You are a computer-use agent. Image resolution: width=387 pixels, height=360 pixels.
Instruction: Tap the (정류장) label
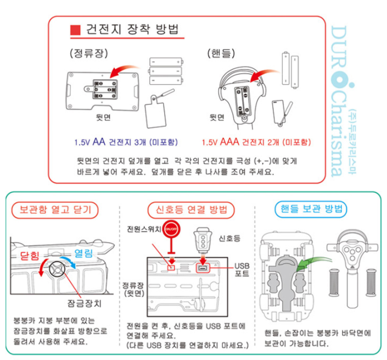(x=89, y=53)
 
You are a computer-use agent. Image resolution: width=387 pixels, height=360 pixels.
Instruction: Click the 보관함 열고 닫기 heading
(x=55, y=209)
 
